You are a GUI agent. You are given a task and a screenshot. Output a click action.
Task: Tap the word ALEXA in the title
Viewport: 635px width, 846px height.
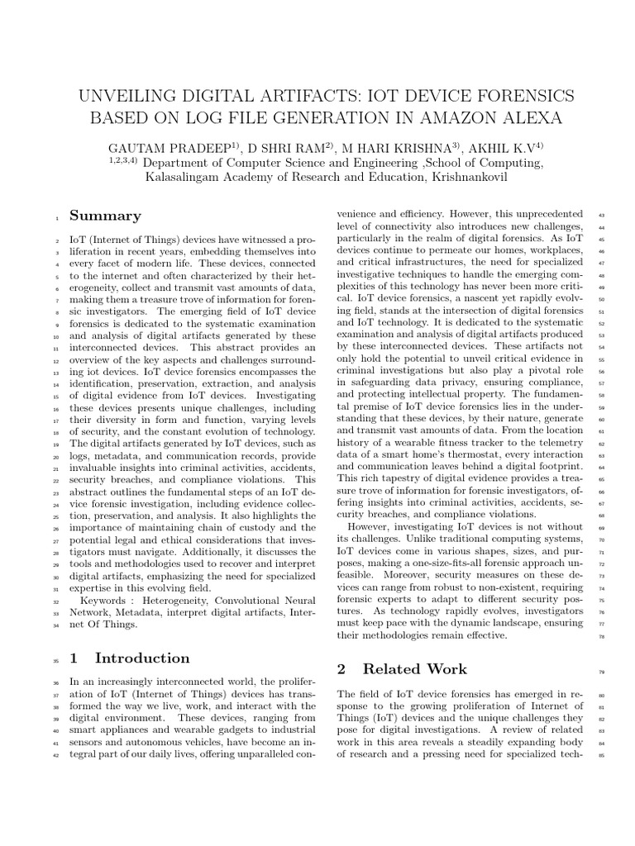[x=530, y=119]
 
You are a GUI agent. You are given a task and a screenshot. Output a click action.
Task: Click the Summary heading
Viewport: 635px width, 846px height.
[x=105, y=216]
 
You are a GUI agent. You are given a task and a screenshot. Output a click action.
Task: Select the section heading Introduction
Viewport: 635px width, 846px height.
[x=142, y=658]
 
